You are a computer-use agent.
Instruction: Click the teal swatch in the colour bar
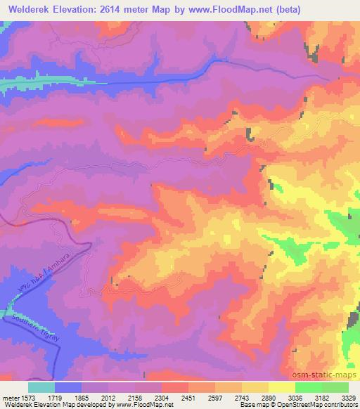(41, 387)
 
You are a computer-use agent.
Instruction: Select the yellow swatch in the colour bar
(281, 387)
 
